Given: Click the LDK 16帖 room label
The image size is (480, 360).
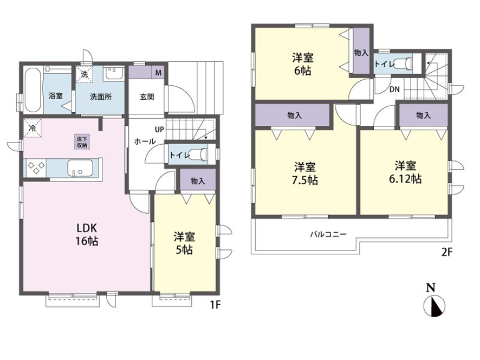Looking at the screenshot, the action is [x=87, y=234].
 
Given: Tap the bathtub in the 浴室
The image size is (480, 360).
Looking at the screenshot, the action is [x=33, y=90].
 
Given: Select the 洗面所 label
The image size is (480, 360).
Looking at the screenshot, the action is [x=101, y=97].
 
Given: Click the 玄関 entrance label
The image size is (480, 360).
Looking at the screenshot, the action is [x=147, y=97].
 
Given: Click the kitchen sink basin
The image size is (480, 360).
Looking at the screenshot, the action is [x=80, y=168].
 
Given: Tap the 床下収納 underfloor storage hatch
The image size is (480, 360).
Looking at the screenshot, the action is [x=82, y=142].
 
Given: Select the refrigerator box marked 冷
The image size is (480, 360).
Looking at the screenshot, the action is [x=32, y=128].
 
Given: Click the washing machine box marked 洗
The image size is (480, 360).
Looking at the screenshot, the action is [x=84, y=74].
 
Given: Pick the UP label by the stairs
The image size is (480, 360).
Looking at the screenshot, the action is [x=159, y=130].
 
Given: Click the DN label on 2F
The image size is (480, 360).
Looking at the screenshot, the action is [x=394, y=89].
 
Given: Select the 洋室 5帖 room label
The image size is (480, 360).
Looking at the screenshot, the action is [x=184, y=243].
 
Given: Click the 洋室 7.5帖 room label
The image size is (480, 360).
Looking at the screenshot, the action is [x=305, y=173].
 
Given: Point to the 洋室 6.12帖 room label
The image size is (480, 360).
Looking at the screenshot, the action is [x=405, y=172].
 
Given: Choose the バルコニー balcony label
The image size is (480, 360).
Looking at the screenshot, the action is [x=328, y=235].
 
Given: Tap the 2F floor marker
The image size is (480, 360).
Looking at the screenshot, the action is [x=446, y=252].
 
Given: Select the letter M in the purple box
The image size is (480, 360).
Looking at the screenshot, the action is [x=158, y=73].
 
